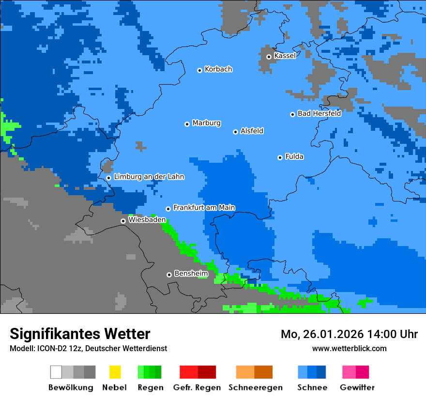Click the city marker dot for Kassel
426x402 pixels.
(269, 57)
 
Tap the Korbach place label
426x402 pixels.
(218, 69)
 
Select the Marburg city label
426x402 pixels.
(206, 123)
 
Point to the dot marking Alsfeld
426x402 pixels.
(235, 132)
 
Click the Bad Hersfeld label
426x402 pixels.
(319, 113)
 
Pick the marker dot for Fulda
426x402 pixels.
(280, 157)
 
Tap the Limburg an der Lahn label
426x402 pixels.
(149, 177)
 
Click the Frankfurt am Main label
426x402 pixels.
(204, 208)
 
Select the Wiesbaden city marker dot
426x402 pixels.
(123, 221)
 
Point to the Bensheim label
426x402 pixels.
(191, 274)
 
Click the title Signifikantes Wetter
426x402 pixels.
(80, 334)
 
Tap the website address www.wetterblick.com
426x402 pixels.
(349, 348)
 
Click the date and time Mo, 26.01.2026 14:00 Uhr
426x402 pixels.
(349, 334)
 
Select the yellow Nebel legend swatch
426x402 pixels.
(115, 372)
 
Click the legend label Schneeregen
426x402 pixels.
(255, 387)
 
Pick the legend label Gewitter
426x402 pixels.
(357, 387)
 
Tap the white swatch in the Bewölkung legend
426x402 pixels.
(56, 372)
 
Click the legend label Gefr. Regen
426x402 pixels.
(197, 387)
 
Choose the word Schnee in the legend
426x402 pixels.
(312, 387)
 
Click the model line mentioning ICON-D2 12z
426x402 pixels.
(88, 348)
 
